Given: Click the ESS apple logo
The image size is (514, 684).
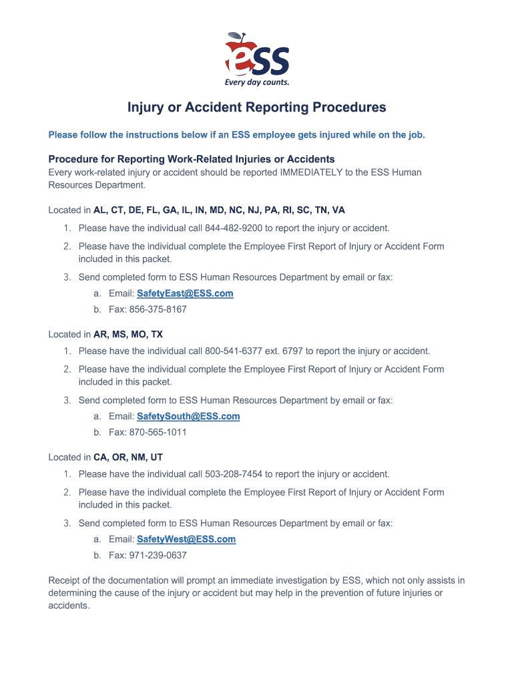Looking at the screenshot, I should click(256, 56).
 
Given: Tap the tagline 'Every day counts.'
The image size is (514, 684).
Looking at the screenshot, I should click(257, 83).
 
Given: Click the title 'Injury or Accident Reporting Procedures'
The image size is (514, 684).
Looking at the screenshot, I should click(257, 108).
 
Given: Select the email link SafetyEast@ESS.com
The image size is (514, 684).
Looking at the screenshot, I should click(185, 293).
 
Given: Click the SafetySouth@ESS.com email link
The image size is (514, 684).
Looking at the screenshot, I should click(188, 416).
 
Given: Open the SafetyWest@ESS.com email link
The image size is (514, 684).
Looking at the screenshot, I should click(186, 539).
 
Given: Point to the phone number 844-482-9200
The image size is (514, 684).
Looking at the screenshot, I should click(234, 228).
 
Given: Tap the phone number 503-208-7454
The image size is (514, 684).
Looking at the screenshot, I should click(234, 474).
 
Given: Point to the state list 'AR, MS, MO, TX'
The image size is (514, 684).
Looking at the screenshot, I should click(128, 334).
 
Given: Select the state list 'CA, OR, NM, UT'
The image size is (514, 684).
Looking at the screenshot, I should click(128, 458).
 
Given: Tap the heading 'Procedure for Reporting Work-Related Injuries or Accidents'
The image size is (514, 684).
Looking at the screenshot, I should click(192, 159).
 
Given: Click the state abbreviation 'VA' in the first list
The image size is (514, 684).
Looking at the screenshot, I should click(338, 210).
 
